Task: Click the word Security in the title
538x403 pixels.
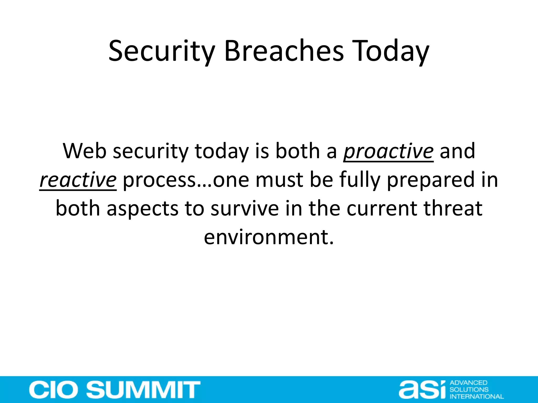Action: coord(162,51)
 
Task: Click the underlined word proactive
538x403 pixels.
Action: coord(388,151)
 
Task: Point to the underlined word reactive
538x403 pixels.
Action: coord(78,180)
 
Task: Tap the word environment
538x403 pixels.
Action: coord(268,237)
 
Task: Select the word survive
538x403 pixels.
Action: coord(245,209)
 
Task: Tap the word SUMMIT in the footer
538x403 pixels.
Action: coord(143,390)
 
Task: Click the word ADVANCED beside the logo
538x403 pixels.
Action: coord(468,383)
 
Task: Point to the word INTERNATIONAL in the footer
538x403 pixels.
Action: coord(477,396)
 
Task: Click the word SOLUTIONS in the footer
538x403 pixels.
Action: coord(469,390)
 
